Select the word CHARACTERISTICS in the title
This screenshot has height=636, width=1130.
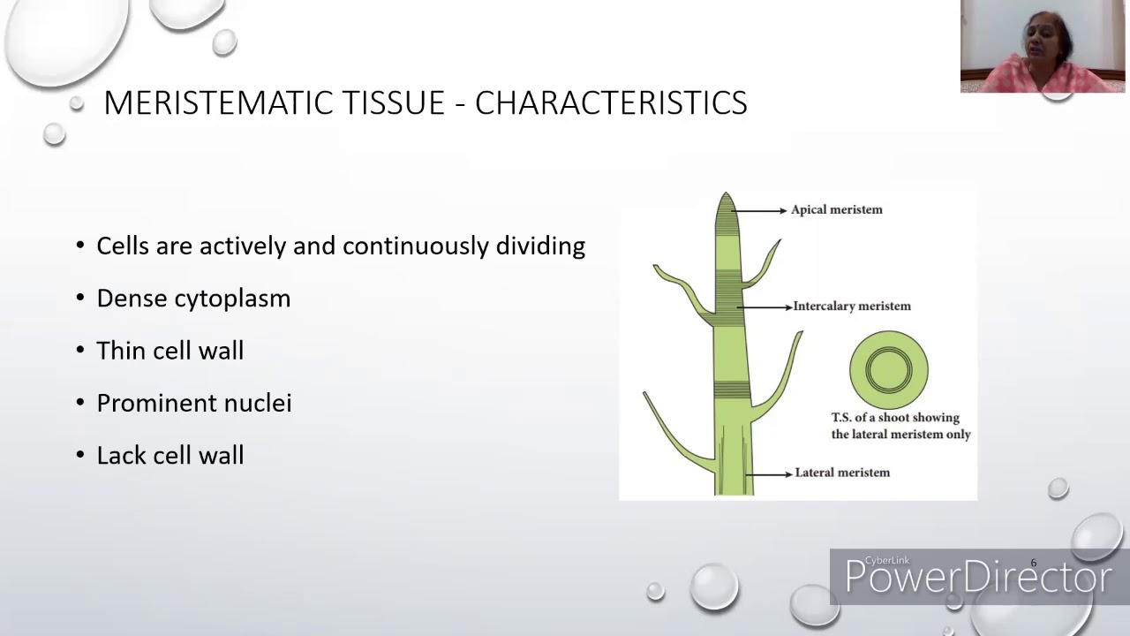pos(611,103)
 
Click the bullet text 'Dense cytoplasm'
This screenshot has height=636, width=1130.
pos(193,299)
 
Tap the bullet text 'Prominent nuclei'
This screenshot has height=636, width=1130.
pos(193,403)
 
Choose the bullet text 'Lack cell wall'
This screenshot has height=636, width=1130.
pos(169,456)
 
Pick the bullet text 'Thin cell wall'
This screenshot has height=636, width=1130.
pos(169,351)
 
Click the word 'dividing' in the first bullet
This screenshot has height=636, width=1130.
pos(540,246)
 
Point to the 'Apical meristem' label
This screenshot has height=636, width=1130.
pos(836,209)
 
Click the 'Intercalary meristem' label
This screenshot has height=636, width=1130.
pos(851,306)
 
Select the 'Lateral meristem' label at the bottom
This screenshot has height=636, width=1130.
pos(842,473)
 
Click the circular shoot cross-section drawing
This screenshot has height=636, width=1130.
pos(888,369)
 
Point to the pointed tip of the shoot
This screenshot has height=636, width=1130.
pos(726,196)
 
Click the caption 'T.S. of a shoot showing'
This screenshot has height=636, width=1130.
pos(895,418)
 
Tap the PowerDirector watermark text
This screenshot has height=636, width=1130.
pos(977,578)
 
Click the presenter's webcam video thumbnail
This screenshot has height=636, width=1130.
pos(1042,46)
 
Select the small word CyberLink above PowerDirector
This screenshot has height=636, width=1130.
pos(886,561)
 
